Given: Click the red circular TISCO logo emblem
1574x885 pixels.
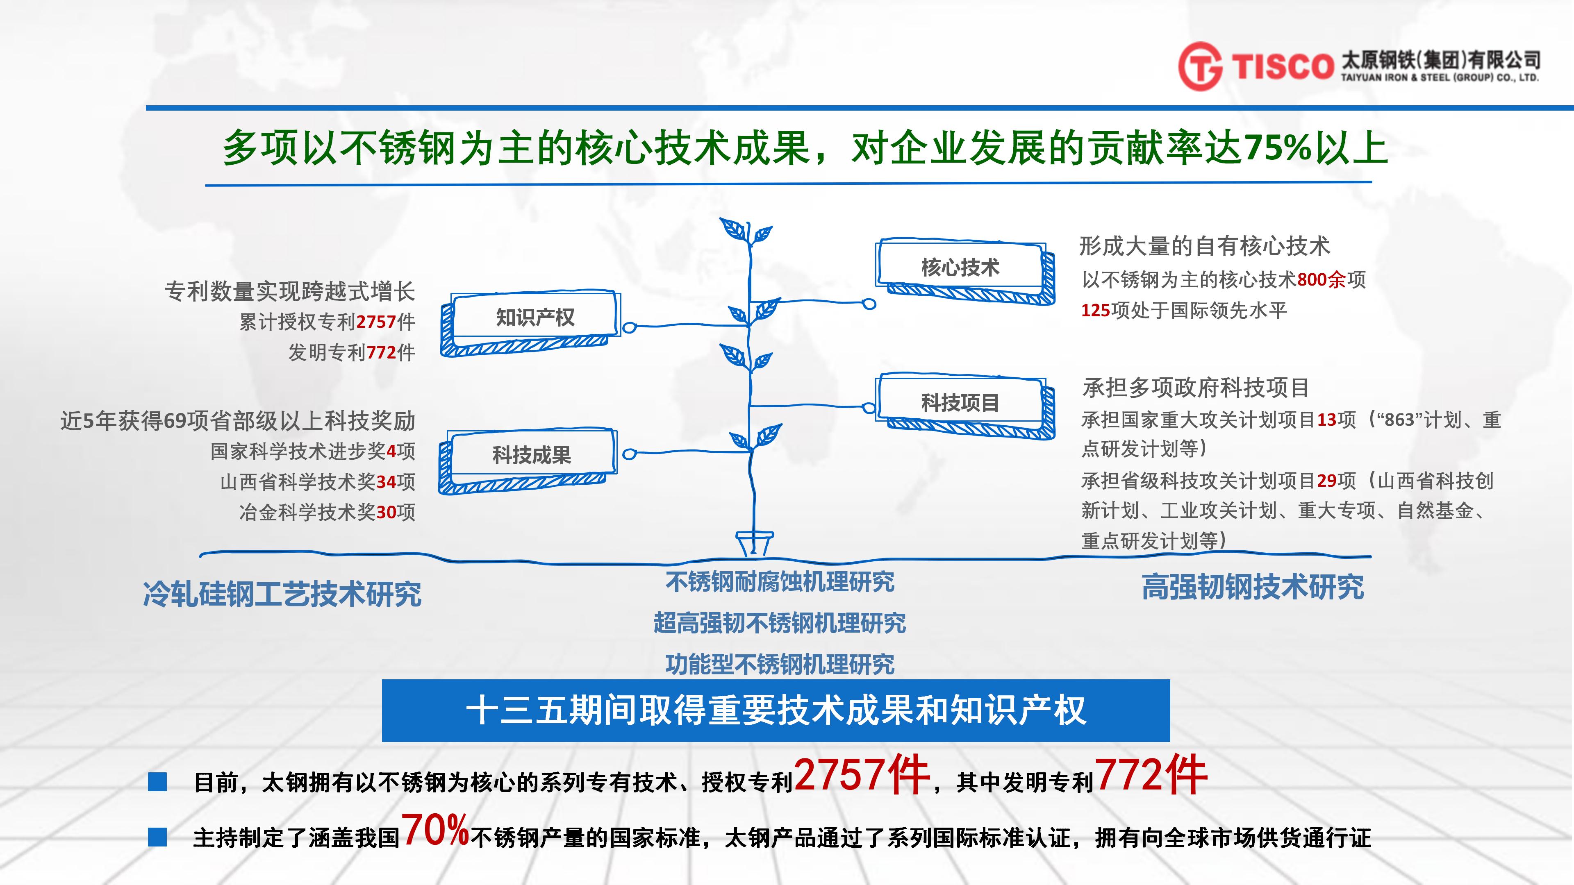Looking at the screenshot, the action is (1200, 66).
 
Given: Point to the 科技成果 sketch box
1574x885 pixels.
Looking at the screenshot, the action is (528, 461).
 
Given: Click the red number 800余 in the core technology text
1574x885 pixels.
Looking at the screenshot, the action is (1321, 280).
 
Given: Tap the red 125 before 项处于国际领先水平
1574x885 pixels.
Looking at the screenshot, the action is (1096, 310).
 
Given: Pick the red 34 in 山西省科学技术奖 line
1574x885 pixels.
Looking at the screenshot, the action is (386, 482).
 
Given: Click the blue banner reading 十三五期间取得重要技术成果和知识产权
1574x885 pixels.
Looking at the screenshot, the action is (776, 710).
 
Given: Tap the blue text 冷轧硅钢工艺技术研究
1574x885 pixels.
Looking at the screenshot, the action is (282, 594).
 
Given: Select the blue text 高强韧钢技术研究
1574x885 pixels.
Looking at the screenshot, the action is (1253, 588).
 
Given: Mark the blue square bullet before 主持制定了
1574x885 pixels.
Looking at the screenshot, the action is (158, 837).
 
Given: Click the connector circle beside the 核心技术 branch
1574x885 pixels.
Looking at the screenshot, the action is (869, 304).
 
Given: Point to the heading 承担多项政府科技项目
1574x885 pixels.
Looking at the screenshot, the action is (1195, 387).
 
